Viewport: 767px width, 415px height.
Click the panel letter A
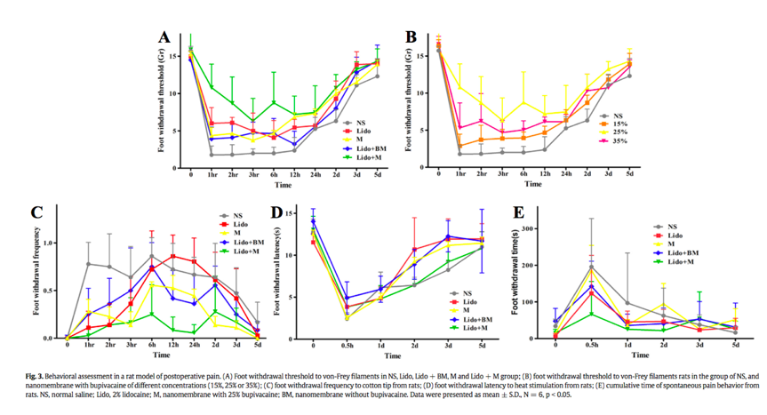164,37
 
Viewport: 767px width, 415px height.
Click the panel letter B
411,37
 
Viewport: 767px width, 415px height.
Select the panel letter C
36,213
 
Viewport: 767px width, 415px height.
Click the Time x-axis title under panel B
531,185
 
